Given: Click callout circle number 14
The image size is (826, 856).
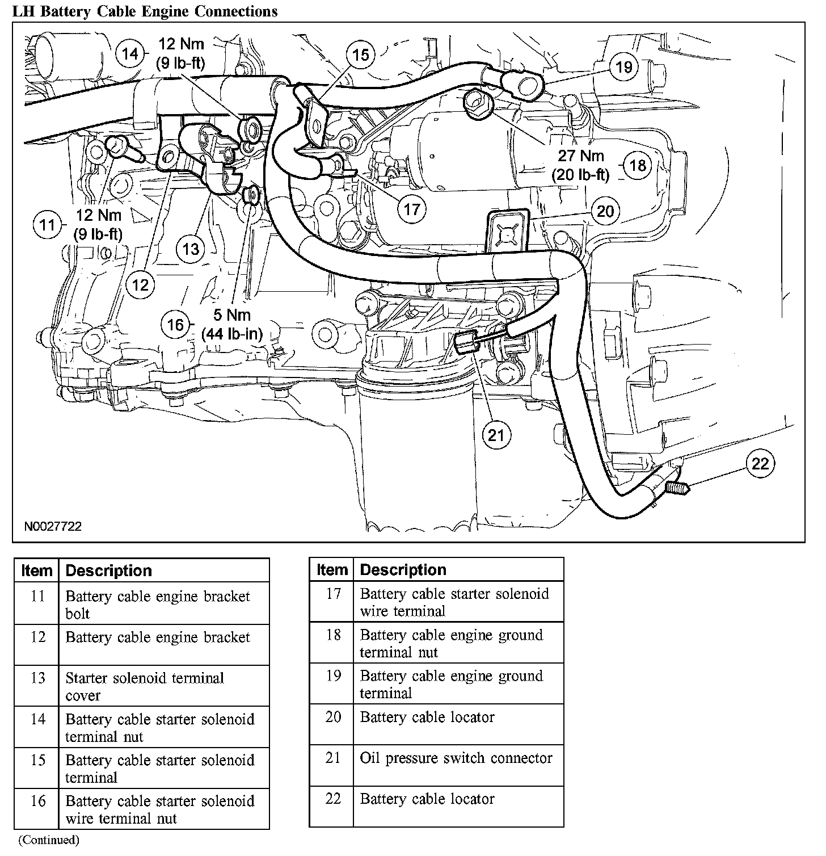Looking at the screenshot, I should (x=130, y=54).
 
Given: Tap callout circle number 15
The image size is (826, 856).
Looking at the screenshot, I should (x=360, y=55).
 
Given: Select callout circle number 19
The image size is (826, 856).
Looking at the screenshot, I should (x=623, y=67).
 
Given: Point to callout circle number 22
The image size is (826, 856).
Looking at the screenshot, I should (x=760, y=464).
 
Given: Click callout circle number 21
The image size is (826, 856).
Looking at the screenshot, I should (x=496, y=435).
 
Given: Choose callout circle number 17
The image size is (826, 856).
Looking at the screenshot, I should (x=411, y=209).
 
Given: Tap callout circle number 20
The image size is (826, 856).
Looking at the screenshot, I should (x=605, y=211).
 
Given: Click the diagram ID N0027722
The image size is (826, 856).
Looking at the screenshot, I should (x=53, y=526).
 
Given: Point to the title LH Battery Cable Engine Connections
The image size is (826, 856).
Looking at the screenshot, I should (x=145, y=11).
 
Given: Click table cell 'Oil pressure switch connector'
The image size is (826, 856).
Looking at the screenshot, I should (x=456, y=758).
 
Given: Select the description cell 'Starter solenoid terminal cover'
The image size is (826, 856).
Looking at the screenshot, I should (x=145, y=686).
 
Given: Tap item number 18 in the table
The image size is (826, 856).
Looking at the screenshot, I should (x=333, y=635).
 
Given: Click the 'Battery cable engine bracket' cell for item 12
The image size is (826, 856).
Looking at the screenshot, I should (x=158, y=637).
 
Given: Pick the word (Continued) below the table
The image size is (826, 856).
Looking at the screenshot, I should (x=49, y=840).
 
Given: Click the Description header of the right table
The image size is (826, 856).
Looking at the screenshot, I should (x=403, y=569).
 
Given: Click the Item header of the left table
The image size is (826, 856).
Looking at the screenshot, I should (x=37, y=570).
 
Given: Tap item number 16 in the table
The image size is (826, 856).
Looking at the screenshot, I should (x=37, y=801).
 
